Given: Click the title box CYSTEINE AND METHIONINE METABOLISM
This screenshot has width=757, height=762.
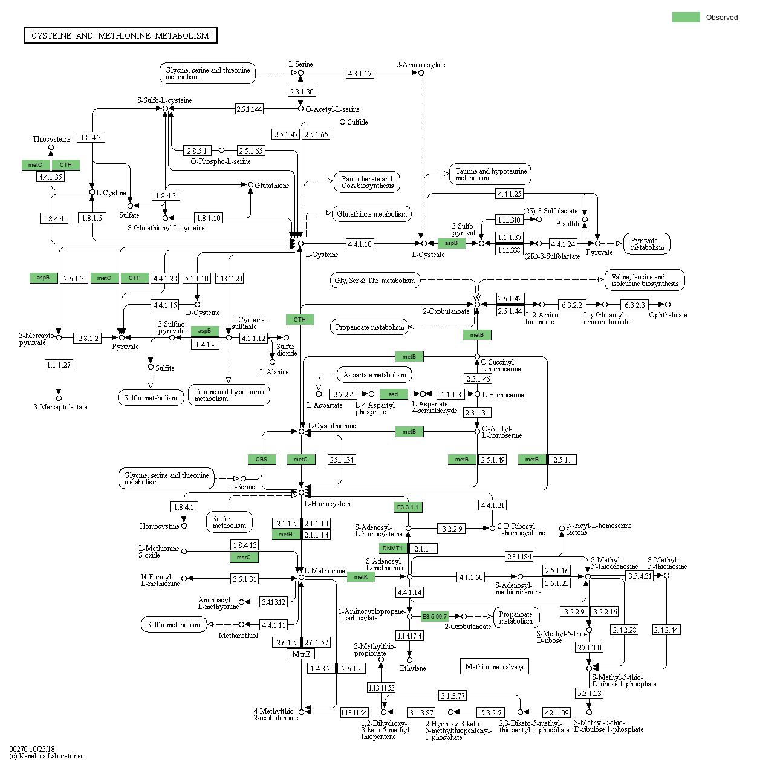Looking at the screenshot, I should point(120,36).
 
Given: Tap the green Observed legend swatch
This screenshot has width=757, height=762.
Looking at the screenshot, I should point(686,17).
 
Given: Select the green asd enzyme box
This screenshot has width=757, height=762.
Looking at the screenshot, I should point(393,394).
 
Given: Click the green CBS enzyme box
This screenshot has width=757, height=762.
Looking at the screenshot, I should point(261,460).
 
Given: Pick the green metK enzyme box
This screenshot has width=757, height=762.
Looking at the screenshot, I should point(361,577).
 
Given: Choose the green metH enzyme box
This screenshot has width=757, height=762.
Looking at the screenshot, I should point(285,535).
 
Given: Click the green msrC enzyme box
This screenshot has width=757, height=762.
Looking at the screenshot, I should point(244,558).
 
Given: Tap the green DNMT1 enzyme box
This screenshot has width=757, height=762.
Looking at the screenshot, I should point(392,549).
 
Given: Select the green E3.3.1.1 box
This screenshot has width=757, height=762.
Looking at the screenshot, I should point(408,507).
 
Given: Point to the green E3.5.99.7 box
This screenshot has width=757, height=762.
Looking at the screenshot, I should point(435,617).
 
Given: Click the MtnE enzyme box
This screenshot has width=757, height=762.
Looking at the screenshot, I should point(301,654).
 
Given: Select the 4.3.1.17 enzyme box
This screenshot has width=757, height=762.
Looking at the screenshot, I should point(360,74).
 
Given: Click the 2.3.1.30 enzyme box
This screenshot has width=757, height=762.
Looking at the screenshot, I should point(301,92).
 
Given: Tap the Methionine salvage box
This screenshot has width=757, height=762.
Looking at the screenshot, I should point(494,667).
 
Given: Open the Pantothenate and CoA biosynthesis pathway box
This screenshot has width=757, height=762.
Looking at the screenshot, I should point(367,182).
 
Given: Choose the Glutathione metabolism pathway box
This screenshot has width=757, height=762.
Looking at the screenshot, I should point(372,214).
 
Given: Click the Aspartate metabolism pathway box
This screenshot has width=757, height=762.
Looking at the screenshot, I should point(374,375).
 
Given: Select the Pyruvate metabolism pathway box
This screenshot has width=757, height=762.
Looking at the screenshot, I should point(647,244).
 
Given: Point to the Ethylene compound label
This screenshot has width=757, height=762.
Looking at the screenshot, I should point(412,668).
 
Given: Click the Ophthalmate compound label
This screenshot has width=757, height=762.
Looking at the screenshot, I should point(668,315).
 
